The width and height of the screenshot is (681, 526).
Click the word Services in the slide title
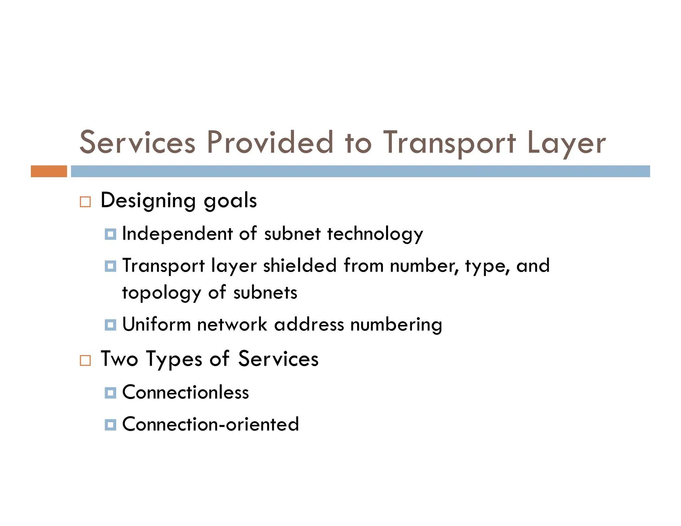tap(137, 143)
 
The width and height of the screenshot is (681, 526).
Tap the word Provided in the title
tap(270, 143)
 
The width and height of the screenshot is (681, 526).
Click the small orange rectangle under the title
tap(49, 171)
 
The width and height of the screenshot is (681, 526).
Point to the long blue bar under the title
tap(360, 171)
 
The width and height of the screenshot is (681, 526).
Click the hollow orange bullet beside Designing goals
tap(85, 202)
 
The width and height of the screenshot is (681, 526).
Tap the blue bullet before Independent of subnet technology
tap(110, 234)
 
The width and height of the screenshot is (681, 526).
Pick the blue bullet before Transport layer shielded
tap(110, 266)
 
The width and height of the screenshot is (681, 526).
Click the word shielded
tap(300, 266)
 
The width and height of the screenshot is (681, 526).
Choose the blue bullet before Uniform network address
tap(110, 325)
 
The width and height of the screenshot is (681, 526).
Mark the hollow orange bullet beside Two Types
tap(85, 360)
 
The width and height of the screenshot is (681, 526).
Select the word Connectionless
tap(186, 392)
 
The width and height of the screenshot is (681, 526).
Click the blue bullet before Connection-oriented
tap(110, 425)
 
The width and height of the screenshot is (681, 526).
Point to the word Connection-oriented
tap(210, 425)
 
